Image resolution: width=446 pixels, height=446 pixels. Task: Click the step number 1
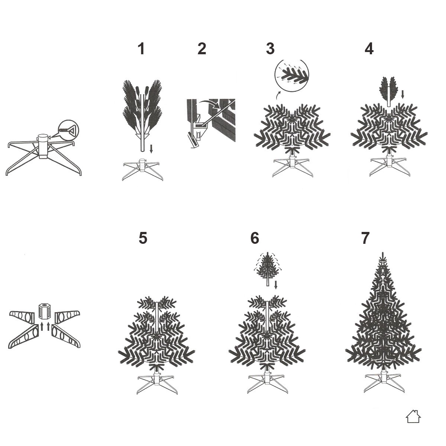[x=141, y=49]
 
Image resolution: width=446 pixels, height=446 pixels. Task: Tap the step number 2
[x=202, y=49]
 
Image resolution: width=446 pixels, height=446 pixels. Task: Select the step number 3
[x=270, y=49]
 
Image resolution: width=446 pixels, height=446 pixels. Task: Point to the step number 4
[x=369, y=49]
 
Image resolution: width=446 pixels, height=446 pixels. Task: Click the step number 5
[x=143, y=238]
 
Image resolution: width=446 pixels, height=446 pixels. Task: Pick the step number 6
[x=255, y=238]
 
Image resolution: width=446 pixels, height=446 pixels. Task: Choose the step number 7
[x=365, y=238]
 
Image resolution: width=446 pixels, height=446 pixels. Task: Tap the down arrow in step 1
[x=151, y=149]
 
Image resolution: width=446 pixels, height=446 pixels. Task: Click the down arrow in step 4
[x=403, y=94]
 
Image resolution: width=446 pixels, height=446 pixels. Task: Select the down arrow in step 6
[x=276, y=285]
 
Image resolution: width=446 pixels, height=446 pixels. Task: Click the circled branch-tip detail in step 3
[x=292, y=76]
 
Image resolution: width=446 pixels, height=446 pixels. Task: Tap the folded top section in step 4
[x=389, y=91]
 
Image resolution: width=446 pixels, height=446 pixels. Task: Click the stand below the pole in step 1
[x=143, y=169]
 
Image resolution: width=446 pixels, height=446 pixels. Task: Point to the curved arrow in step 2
[x=210, y=104]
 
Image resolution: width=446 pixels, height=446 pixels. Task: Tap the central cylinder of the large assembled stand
[x=43, y=146]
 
